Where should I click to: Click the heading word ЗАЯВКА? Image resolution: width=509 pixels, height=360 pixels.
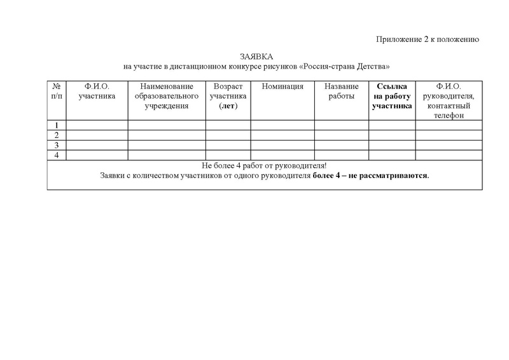point(256,57)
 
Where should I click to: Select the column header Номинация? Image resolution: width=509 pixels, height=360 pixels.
point(282,87)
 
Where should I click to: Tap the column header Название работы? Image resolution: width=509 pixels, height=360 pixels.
point(341,92)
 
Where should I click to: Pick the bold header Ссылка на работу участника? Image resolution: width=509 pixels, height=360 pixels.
point(393,97)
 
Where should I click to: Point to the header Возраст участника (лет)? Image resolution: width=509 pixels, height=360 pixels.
point(228,97)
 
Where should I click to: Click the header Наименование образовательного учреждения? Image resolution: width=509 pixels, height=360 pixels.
point(167,97)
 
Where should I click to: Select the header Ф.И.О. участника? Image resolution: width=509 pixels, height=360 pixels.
point(97,92)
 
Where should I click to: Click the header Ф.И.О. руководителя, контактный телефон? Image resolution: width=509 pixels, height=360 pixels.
point(449,101)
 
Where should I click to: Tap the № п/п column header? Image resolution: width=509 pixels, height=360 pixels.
point(57,92)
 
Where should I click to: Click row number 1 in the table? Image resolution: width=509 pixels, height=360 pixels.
point(57,125)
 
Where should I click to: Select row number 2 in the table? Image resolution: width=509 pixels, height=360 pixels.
point(57,135)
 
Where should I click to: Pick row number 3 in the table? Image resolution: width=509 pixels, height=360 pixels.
point(57,145)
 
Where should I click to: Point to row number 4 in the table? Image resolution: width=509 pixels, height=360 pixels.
point(57,155)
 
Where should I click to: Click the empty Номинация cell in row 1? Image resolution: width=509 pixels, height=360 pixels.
point(282,125)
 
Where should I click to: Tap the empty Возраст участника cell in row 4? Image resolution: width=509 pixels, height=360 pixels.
point(228,155)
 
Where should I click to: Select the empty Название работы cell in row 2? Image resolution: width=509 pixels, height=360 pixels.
point(341,135)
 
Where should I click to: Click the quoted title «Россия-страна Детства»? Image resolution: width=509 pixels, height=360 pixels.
point(344,67)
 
